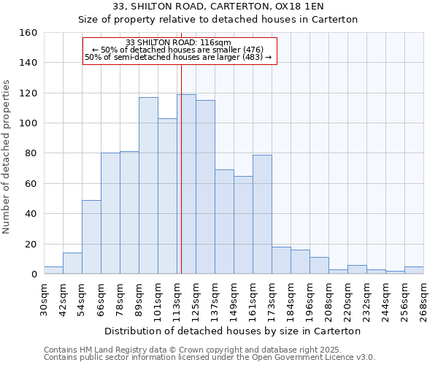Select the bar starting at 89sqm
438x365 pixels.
(148, 185)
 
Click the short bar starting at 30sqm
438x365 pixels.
(53, 270)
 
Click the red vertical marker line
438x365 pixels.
(181, 182)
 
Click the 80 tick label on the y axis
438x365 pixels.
(31, 153)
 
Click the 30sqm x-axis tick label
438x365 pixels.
(44, 298)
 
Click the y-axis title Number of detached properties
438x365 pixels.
(7, 153)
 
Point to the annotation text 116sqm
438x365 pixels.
(218, 42)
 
